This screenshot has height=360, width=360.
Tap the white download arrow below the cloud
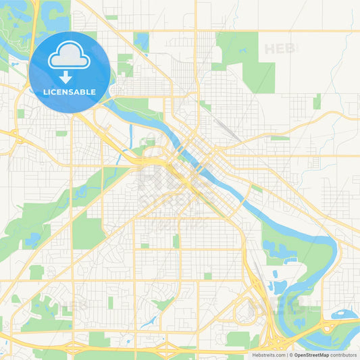pyautogui.click(x=66, y=76)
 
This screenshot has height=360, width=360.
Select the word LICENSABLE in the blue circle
pyautogui.click(x=70, y=92)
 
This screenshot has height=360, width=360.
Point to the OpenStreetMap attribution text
pyautogui.click(x=316, y=354)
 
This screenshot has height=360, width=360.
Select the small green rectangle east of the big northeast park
pyautogui.click(x=317, y=101)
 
